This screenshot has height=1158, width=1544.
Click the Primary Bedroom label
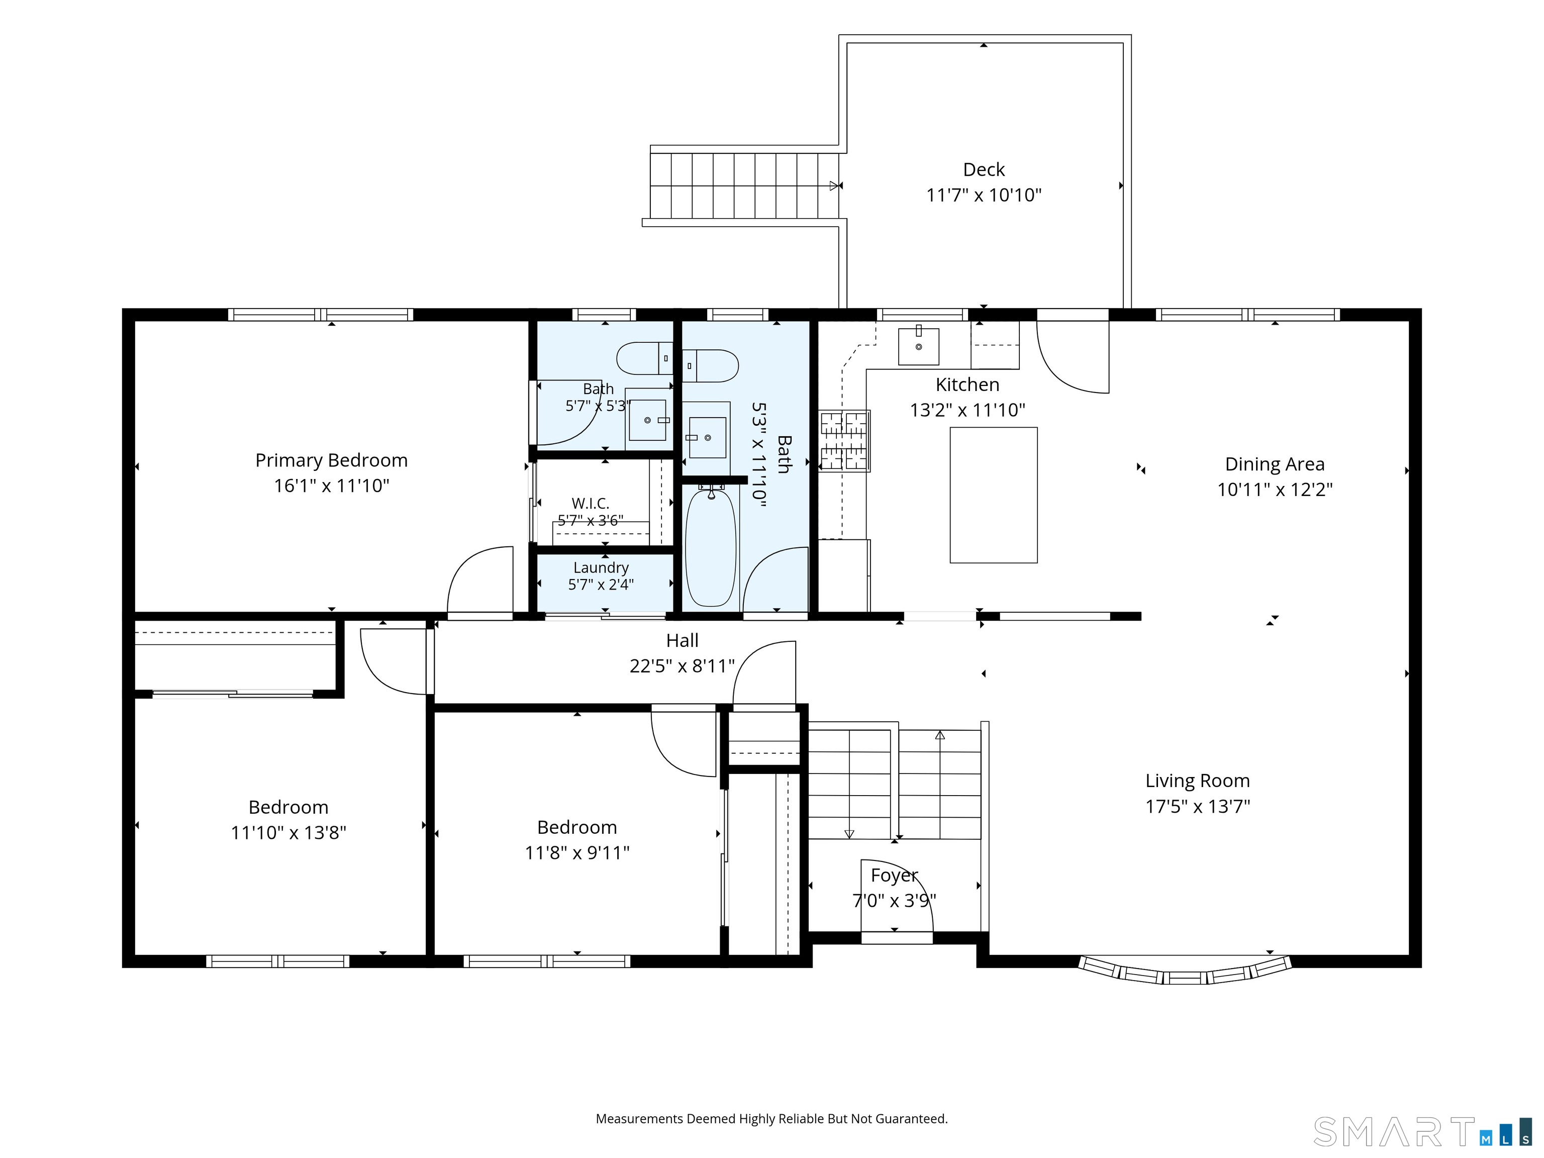pyautogui.click(x=332, y=461)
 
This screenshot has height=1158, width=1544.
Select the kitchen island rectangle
pyautogui.click(x=993, y=495)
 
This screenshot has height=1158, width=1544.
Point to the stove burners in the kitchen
pyautogui.click(x=844, y=440)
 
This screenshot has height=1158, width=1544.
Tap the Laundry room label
pyautogui.click(x=601, y=567)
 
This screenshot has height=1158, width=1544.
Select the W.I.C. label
pyautogui.click(x=591, y=503)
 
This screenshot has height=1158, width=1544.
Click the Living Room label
pyautogui.click(x=1197, y=781)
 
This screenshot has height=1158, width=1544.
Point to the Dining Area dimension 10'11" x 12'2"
pyautogui.click(x=1275, y=490)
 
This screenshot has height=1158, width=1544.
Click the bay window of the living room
pyautogui.click(x=1185, y=971)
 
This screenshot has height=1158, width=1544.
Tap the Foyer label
pyautogui.click(x=894, y=876)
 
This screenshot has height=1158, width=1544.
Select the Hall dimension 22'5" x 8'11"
pyautogui.click(x=682, y=666)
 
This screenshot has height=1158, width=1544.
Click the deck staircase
pyautogui.click(x=744, y=185)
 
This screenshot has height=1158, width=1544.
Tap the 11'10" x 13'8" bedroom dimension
pyautogui.click(x=288, y=833)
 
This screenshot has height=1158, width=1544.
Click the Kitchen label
pyautogui.click(x=968, y=384)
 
